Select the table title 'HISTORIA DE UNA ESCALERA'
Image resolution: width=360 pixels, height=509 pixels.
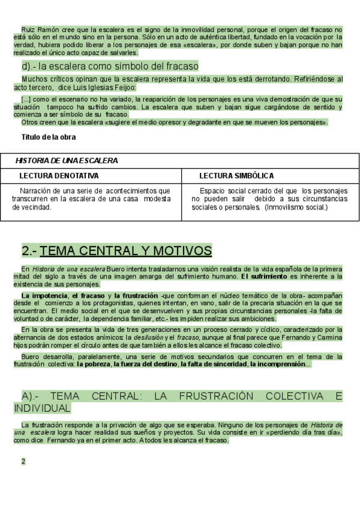[67, 161]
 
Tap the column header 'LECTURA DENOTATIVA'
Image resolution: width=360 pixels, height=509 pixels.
[59, 176]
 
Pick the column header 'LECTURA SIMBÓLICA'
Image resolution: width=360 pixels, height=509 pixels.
[236, 176]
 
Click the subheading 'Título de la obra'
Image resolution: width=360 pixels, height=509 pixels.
[49, 137]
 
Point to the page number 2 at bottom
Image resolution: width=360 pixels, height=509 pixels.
[23, 462]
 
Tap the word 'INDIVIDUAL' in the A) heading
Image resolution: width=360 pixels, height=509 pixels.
[42, 408]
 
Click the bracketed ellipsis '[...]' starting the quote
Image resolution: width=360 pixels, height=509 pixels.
[26, 99]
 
